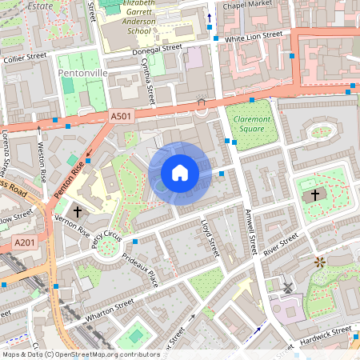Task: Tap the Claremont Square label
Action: (250, 123)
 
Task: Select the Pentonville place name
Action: (82, 73)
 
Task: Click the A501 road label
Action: (120, 117)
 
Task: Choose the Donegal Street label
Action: (156, 49)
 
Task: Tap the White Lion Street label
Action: (254, 36)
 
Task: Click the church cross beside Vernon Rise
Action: (77, 212)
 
